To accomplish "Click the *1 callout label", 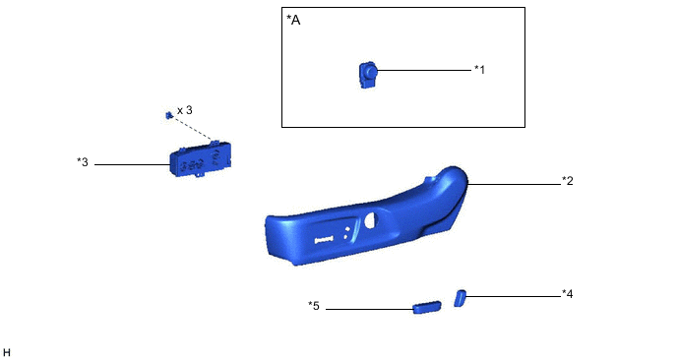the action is coord(479,70).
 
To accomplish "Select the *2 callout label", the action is coord(568,181).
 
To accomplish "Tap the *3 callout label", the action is coord(83,162).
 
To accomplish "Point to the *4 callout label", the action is coord(568,294).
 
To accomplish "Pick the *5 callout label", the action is coord(314,306).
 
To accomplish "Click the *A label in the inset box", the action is coord(293,20).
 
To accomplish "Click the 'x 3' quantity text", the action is coord(185,110).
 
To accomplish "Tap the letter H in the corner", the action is coord(6,353).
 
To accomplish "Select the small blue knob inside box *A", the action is coord(368,75).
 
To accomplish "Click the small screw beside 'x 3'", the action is coord(169,115).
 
